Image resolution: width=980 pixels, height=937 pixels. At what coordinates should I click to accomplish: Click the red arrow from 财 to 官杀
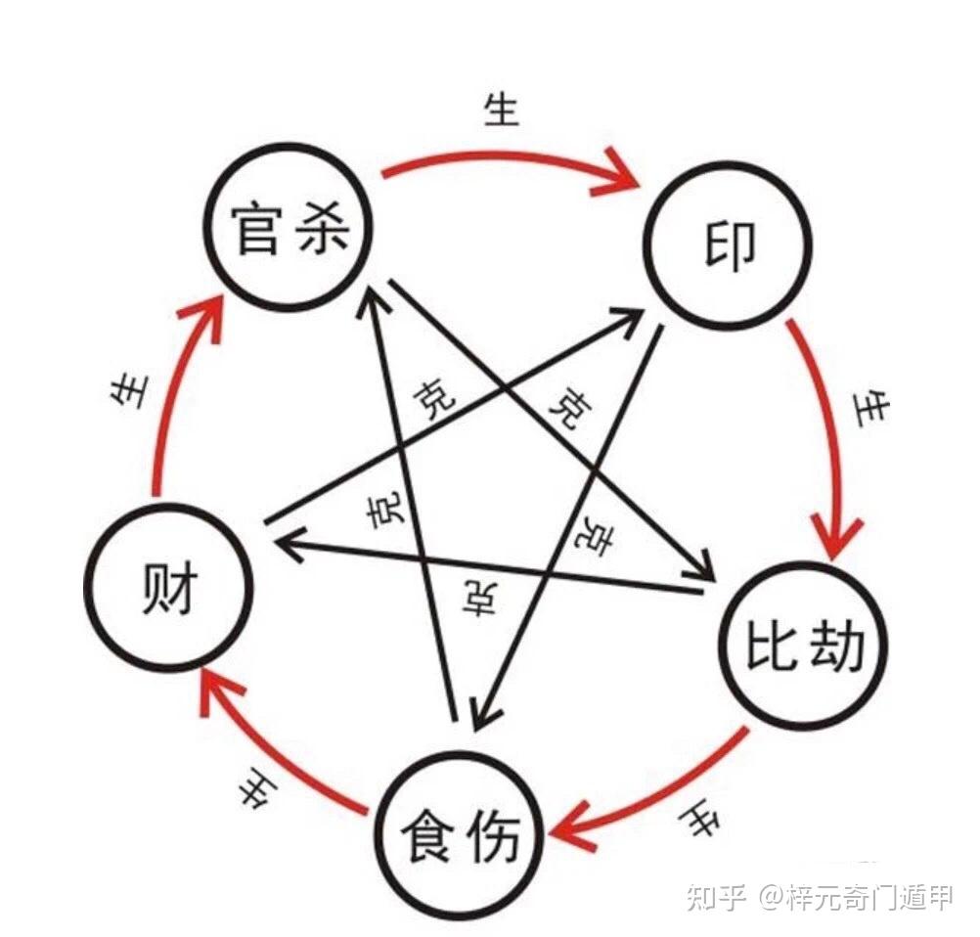pos(176,391)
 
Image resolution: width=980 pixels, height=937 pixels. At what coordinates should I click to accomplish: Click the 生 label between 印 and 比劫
pos(869,408)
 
